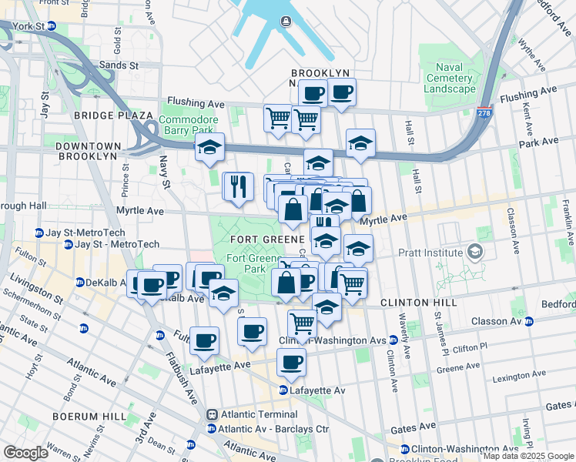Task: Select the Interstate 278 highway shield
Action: [x=484, y=112]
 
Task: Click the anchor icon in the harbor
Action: [x=285, y=21]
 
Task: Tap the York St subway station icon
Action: [x=52, y=25]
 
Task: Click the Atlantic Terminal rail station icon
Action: [x=211, y=413]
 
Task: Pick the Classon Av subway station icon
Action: [x=529, y=320]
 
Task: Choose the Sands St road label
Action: [x=118, y=66]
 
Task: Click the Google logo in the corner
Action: [x=25, y=453]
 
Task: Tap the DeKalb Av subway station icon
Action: [x=80, y=283]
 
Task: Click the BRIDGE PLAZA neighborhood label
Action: [x=114, y=115]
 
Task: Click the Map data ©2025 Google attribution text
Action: [x=527, y=456]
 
